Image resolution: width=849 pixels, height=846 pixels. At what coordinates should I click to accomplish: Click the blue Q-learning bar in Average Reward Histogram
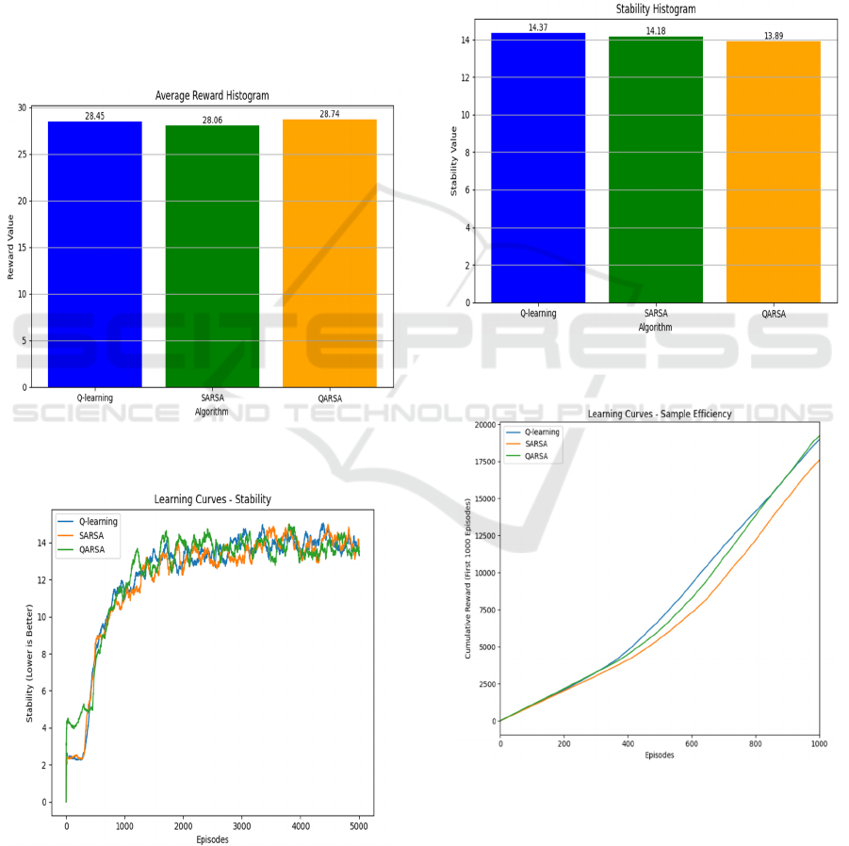click(x=94, y=254)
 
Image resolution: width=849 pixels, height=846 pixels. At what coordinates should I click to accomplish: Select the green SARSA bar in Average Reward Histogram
click(x=212, y=256)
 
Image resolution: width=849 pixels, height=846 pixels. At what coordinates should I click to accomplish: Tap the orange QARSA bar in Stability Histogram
click(x=774, y=171)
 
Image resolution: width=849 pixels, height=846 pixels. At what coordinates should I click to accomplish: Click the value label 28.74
click(x=329, y=114)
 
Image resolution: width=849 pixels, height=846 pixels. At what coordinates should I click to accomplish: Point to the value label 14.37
click(x=538, y=27)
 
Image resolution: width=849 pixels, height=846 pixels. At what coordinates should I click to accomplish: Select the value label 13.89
click(x=774, y=36)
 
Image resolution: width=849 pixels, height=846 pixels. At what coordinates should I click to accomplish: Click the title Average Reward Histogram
click(x=212, y=95)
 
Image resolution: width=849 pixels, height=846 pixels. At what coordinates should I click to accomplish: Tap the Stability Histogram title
click(x=656, y=8)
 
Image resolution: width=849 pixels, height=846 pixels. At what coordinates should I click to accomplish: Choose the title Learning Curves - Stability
click(x=212, y=499)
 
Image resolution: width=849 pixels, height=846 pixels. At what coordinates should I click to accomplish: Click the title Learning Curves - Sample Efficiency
click(x=660, y=414)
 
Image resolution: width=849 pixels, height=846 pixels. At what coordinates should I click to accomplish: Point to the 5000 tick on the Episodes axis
click(x=359, y=826)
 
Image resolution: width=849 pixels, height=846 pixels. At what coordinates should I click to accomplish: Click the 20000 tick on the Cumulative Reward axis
click(x=483, y=425)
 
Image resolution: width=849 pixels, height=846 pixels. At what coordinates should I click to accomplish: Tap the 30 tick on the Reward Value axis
click(x=22, y=108)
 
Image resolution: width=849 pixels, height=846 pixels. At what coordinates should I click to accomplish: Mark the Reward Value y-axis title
click(x=11, y=248)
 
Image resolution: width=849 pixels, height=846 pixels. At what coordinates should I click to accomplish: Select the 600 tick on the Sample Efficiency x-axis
click(x=692, y=743)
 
